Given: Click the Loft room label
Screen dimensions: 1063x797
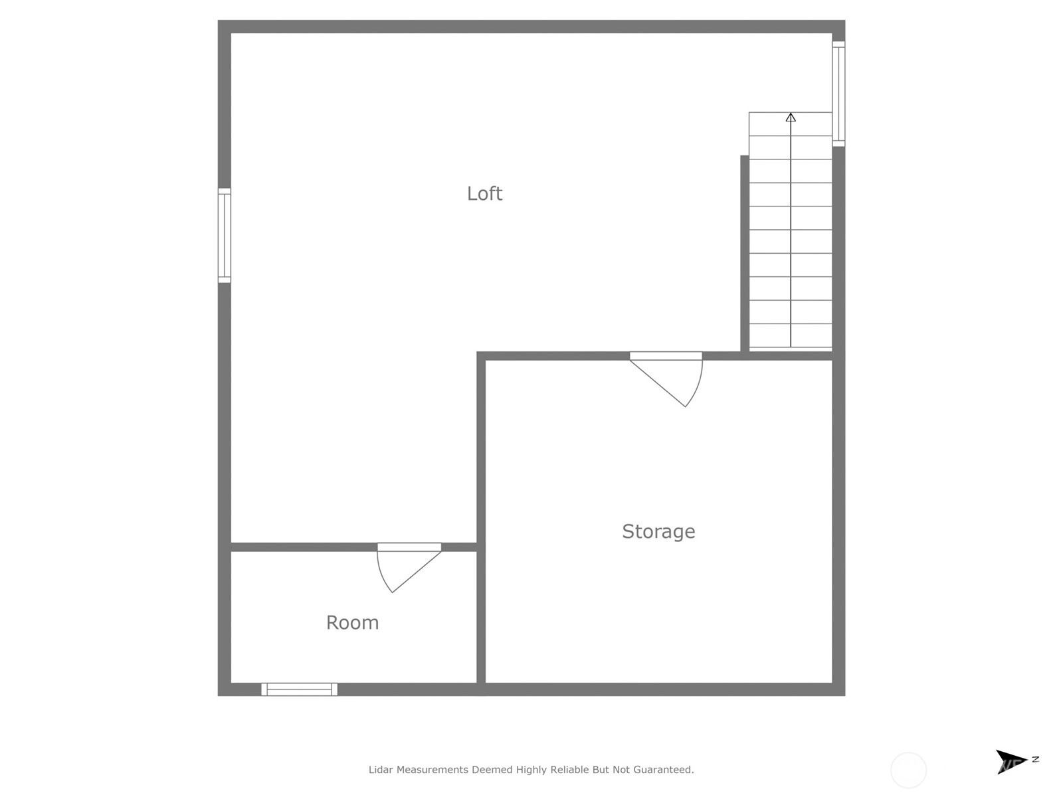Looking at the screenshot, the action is (x=484, y=193).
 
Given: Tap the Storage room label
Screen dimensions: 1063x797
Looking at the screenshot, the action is (x=658, y=531).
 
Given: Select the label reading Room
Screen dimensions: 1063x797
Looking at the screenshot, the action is (x=352, y=622).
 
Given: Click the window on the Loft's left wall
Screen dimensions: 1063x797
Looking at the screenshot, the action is (x=224, y=235).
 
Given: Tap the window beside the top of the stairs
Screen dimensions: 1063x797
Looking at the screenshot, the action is (x=839, y=94).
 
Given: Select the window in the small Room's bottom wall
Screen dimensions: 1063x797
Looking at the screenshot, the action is (x=299, y=689).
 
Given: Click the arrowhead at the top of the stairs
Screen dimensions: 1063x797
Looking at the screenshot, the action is (x=791, y=117).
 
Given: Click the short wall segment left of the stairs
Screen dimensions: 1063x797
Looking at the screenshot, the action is (x=745, y=254).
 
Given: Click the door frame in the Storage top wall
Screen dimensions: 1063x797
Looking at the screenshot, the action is (x=666, y=356).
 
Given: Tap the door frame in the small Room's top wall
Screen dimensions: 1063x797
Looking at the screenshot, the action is (x=409, y=547).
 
